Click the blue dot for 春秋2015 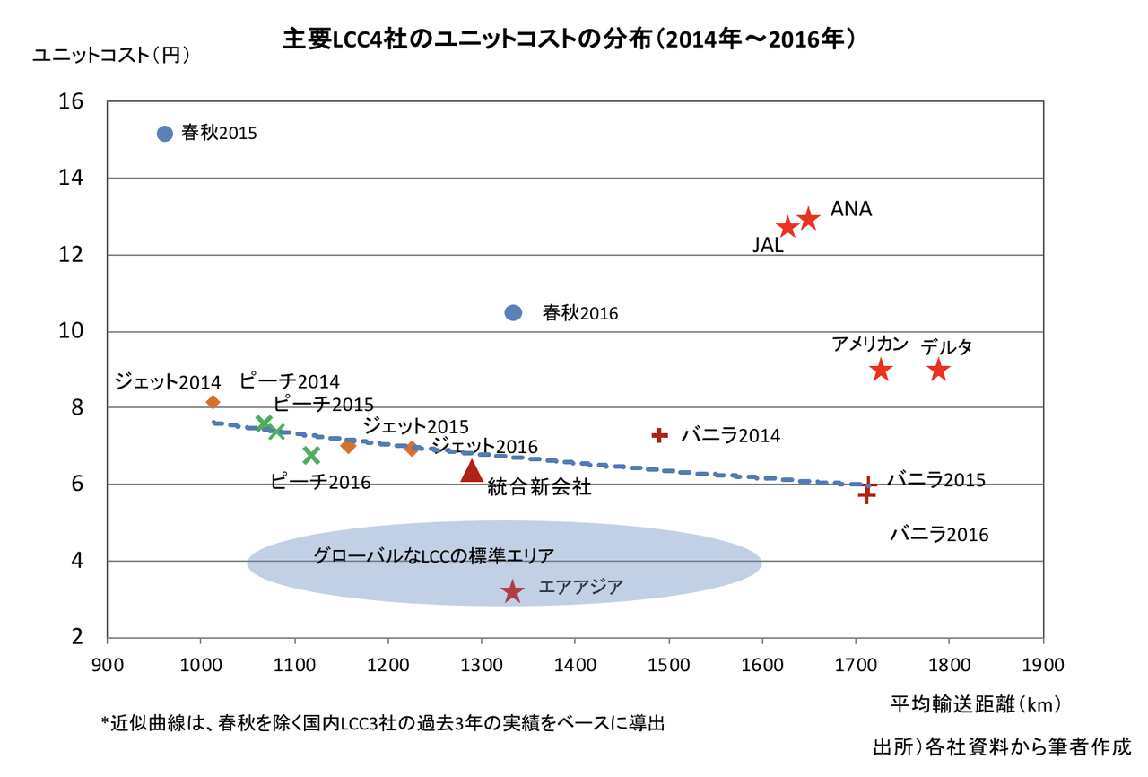[164, 134]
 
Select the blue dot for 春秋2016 [513, 312]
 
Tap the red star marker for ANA [808, 218]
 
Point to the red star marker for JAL [787, 227]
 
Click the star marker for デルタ [938, 370]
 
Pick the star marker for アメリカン [881, 370]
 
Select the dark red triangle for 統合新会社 [472, 470]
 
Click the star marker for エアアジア [512, 591]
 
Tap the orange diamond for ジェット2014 [213, 402]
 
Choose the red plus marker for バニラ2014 [660, 435]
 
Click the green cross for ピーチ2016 [311, 456]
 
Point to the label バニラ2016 [939, 536]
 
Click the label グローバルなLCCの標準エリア [433, 555]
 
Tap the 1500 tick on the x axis [668, 665]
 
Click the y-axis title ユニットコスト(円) [111, 55]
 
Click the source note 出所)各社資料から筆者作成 [1002, 746]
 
